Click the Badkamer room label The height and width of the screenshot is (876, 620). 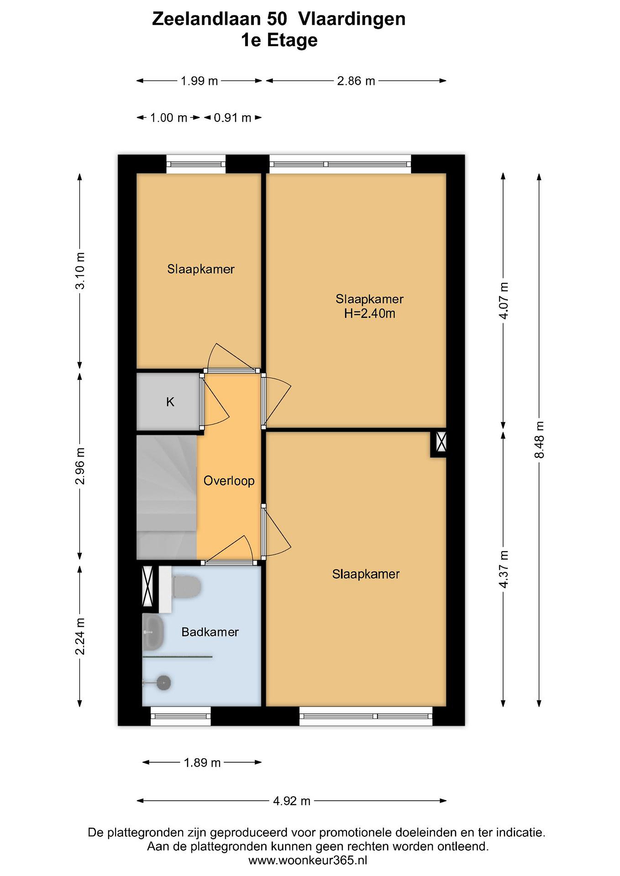click(x=210, y=632)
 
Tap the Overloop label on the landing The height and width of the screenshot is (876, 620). click(x=229, y=481)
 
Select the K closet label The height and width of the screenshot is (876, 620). click(x=170, y=402)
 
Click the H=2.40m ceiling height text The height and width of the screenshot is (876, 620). click(x=370, y=314)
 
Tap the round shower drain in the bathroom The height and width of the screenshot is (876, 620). click(x=164, y=682)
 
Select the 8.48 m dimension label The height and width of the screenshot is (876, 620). click(x=539, y=440)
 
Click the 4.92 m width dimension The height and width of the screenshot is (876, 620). click(x=292, y=801)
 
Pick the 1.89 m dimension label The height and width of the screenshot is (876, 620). click(x=202, y=762)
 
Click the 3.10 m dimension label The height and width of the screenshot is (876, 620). click(x=80, y=271)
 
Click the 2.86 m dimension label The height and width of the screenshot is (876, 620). click(x=356, y=81)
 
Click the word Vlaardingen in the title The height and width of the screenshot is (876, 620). click(x=352, y=19)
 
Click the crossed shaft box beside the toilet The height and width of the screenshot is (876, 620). click(x=147, y=586)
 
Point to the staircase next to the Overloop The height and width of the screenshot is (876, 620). click(x=166, y=497)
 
